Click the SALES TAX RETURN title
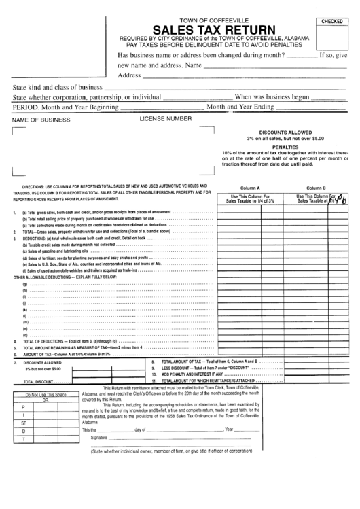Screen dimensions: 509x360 (x=214, y=30)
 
